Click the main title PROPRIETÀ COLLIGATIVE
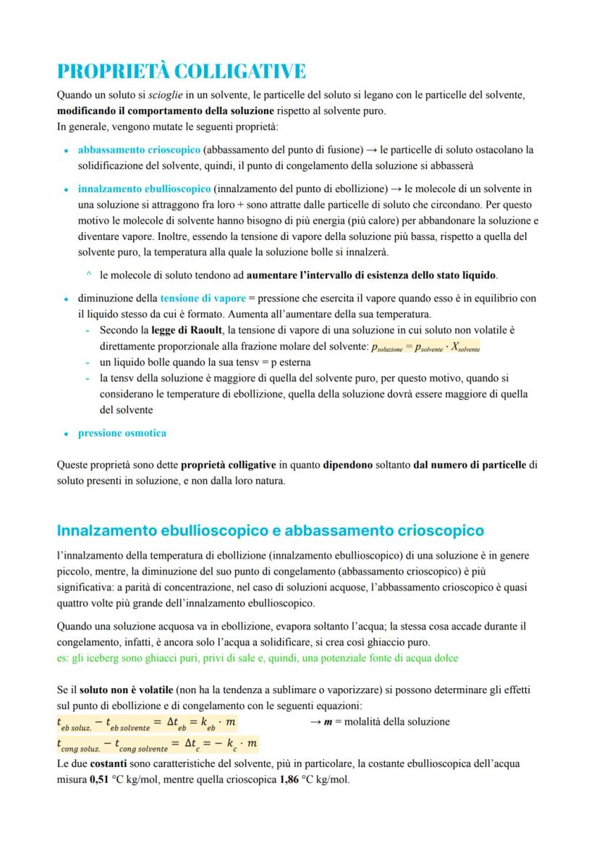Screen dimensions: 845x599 coord(181,71)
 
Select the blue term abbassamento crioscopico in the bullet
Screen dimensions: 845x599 coord(139,150)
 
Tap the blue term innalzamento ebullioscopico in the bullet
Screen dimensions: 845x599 coord(144,189)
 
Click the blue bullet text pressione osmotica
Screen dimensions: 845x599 coord(122,433)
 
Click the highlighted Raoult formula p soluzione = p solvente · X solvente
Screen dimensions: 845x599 coord(425,347)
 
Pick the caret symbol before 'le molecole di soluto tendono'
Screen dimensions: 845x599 coord(88,275)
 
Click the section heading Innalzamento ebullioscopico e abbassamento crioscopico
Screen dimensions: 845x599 coord(270,531)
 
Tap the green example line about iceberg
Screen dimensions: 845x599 coord(257,658)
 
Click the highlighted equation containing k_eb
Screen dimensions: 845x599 coord(146,722)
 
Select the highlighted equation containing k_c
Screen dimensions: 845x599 coord(157,744)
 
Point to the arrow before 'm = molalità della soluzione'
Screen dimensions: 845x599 coord(315,721)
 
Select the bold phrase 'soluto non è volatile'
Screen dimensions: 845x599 coord(130,690)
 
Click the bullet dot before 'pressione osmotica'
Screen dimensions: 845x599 coord(67,434)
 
